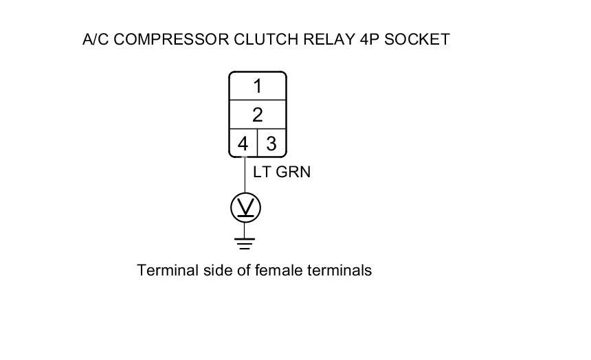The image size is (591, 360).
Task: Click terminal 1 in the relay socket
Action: (257, 87)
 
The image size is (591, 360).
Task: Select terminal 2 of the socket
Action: (257, 115)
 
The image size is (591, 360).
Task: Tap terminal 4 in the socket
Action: (243, 144)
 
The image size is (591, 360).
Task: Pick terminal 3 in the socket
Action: (271, 144)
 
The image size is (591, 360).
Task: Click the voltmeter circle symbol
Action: (245, 207)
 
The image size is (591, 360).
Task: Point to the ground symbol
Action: (245, 243)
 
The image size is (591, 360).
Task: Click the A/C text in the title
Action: (96, 39)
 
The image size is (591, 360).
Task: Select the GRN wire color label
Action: (293, 172)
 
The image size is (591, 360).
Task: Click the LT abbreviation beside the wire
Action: (262, 172)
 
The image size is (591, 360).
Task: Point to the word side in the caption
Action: (217, 270)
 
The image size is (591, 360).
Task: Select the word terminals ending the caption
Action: (341, 270)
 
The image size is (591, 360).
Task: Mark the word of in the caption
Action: (243, 270)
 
